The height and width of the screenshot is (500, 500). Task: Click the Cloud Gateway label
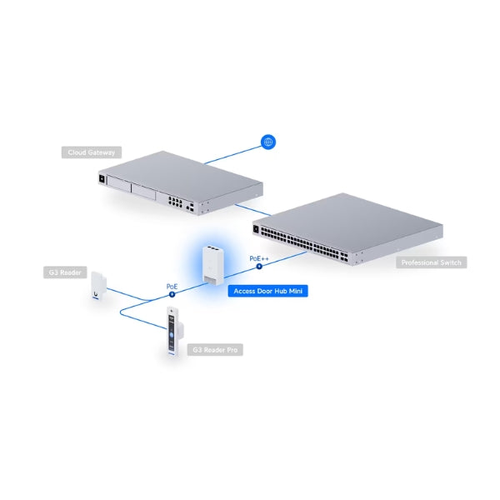coord(92,152)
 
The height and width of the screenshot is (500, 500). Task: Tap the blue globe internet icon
coord(267,142)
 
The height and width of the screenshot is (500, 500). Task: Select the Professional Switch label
coord(431,262)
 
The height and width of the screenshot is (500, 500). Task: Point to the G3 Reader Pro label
coord(216,351)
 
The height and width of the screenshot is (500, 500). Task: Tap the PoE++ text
coord(259,259)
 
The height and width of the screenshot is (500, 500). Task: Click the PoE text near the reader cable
coord(172,287)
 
